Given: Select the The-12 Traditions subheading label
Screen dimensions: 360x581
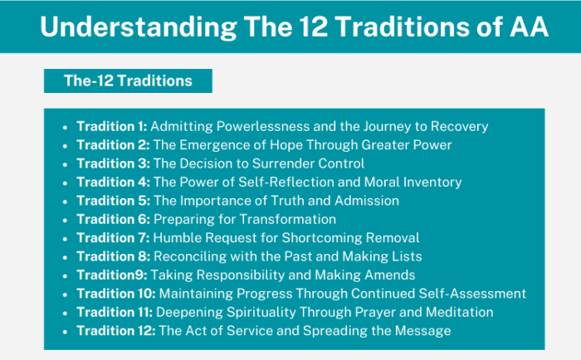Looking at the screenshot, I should coord(128,80).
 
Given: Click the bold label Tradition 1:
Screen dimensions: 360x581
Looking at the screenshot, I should coord(111,127).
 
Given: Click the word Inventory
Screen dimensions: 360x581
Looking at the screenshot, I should coord(432,182).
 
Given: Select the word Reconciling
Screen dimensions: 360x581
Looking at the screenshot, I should coord(190,256).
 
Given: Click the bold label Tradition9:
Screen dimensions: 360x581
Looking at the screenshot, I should coord(109,275).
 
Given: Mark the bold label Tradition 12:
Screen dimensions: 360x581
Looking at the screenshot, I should coord(115,330).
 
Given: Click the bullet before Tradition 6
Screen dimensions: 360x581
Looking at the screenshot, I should coord(65,220).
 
